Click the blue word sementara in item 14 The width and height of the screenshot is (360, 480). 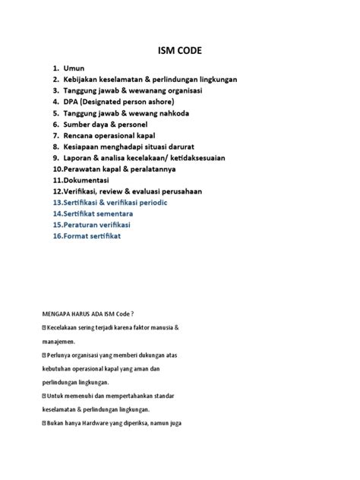pos(118,215)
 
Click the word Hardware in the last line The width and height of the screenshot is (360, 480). pos(96,423)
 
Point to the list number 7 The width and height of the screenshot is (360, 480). pos(56,135)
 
